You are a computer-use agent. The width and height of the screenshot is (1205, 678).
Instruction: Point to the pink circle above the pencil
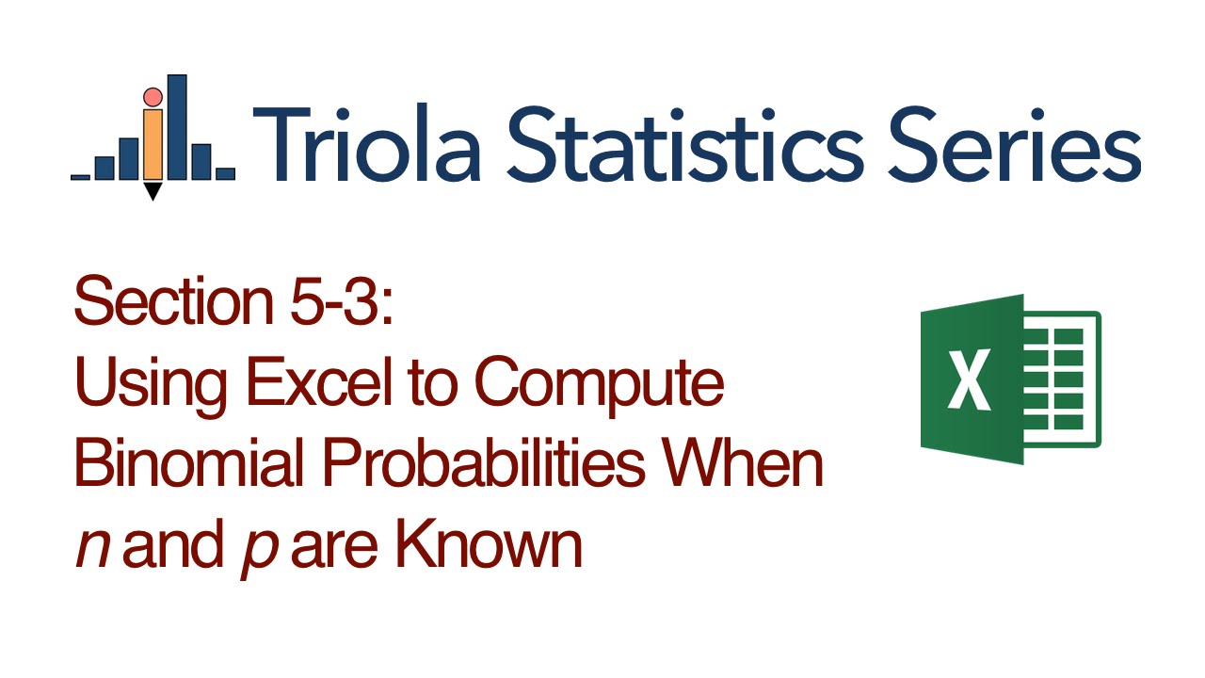153,96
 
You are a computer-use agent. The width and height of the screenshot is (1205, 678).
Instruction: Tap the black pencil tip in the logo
153,192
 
